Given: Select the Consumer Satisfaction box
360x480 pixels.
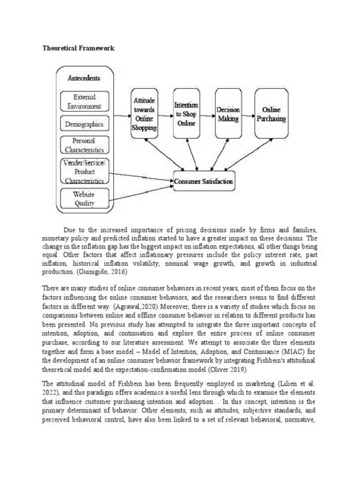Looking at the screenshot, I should click(x=204, y=182).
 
